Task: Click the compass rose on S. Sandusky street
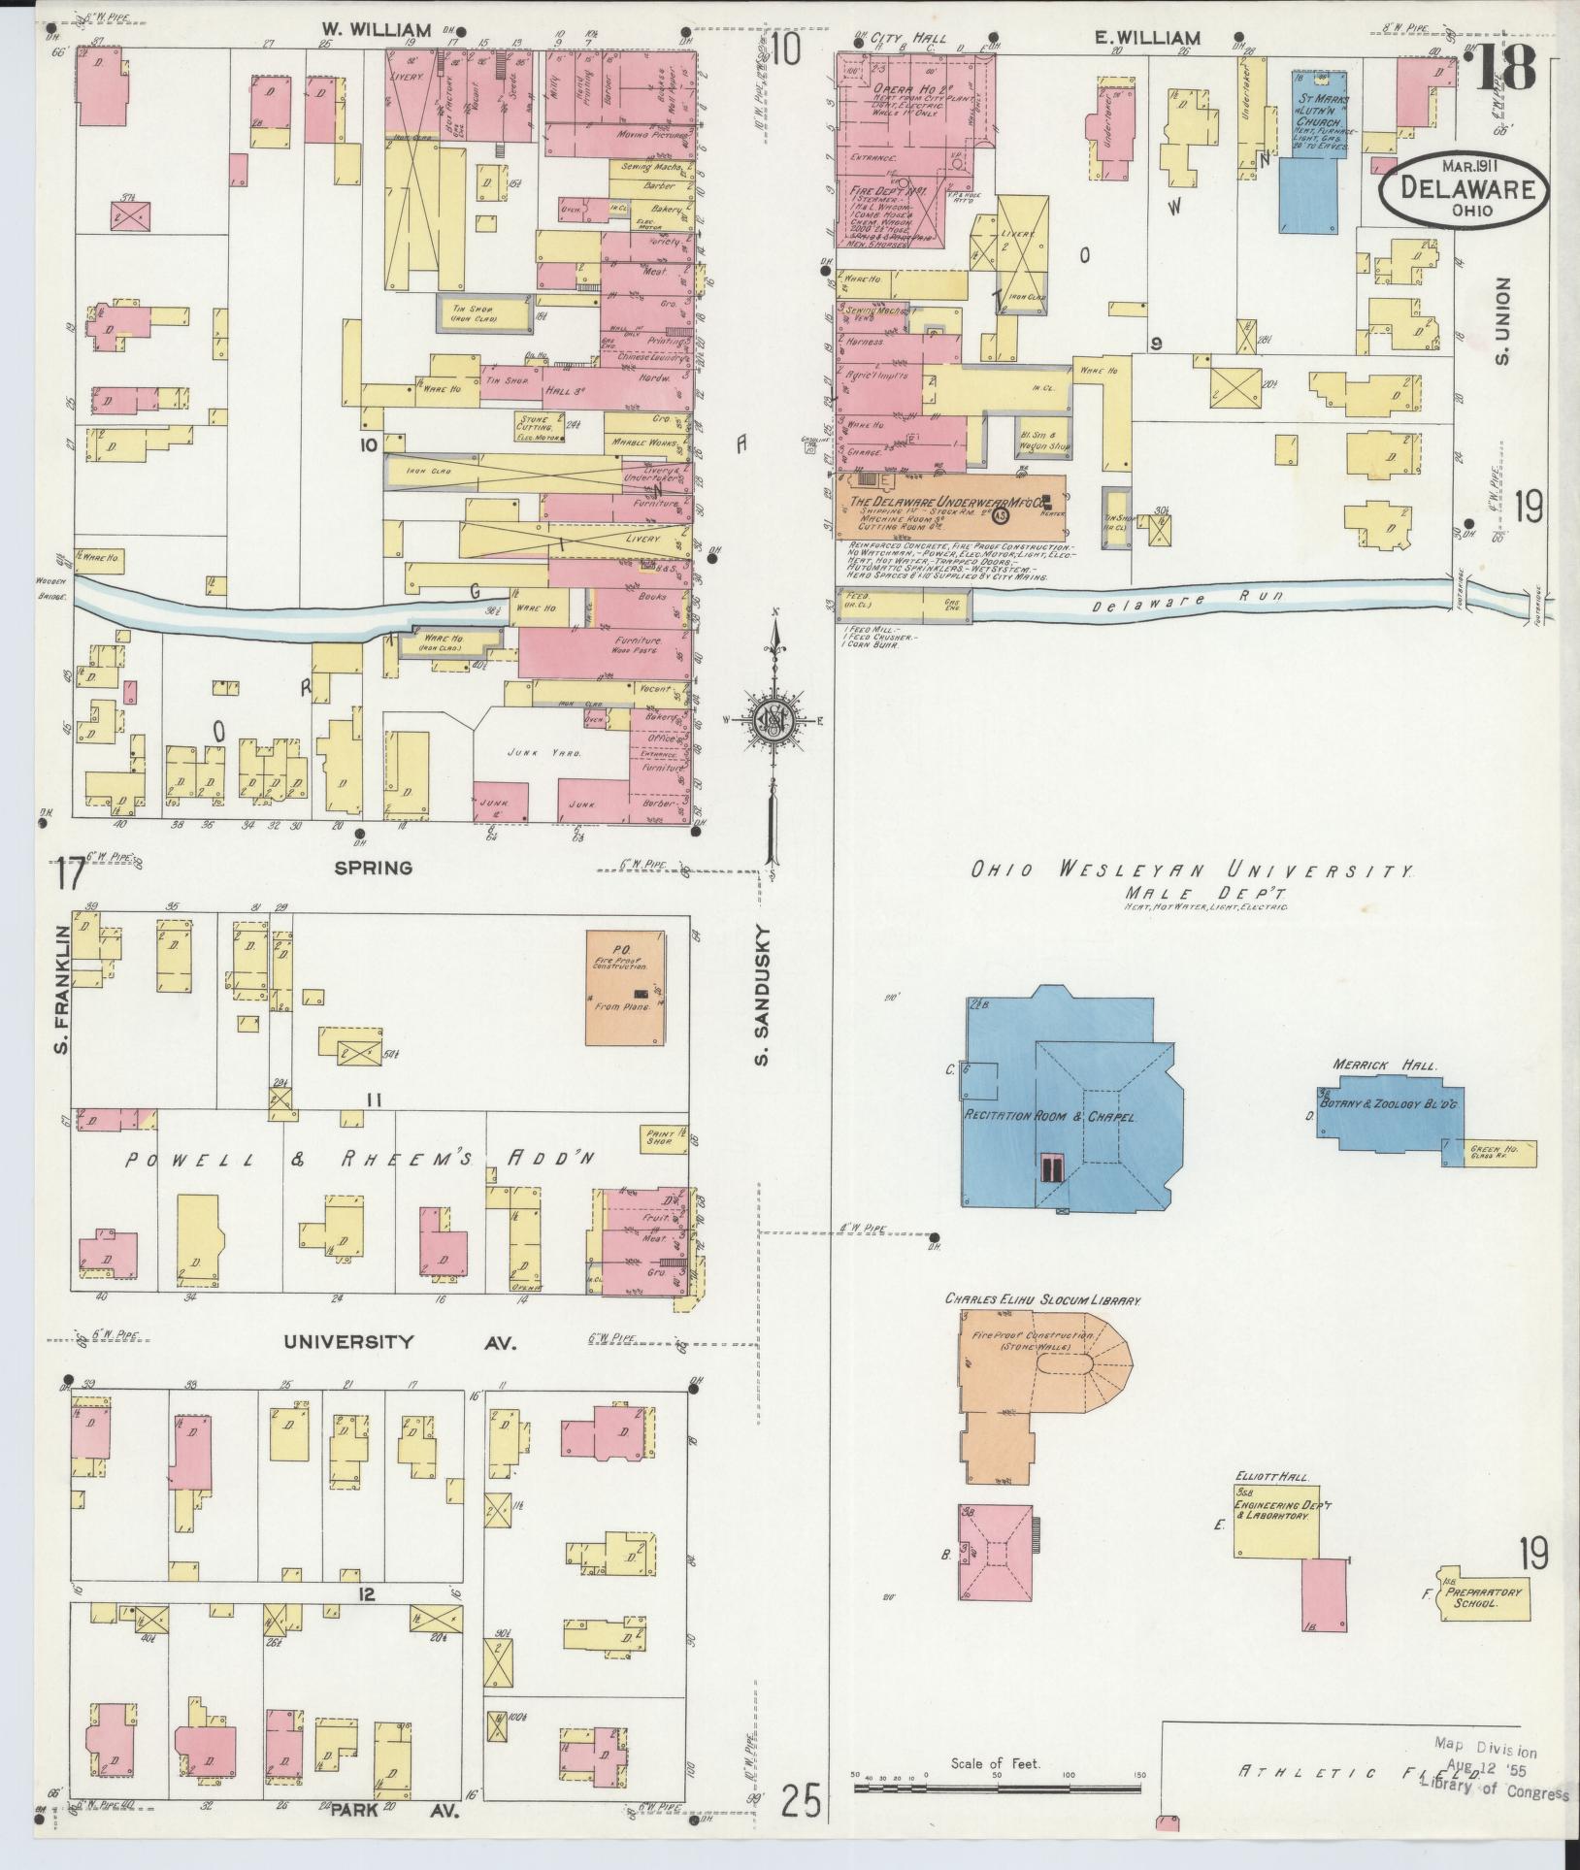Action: pos(774,720)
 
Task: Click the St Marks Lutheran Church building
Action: pos(1315,146)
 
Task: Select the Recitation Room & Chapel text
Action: pos(1048,1116)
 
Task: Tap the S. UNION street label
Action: pos(1503,321)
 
